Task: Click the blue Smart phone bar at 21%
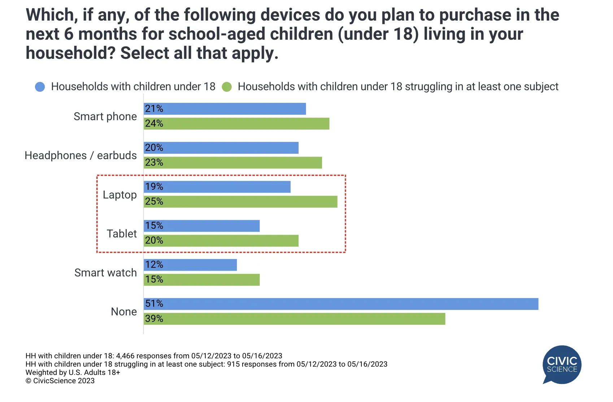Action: pyautogui.click(x=225, y=109)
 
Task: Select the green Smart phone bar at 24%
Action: pyautogui.click(x=236, y=124)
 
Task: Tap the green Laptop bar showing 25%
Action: pyautogui.click(x=240, y=202)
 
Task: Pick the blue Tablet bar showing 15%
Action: pyautogui.click(x=202, y=226)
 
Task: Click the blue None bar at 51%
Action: pyautogui.click(x=341, y=304)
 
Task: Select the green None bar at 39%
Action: pyautogui.click(x=295, y=319)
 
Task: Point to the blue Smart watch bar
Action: pyautogui.click(x=190, y=265)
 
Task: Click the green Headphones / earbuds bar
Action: pyautogui.click(x=232, y=163)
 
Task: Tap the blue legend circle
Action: pyautogui.click(x=40, y=87)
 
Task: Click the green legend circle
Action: pyautogui.click(x=227, y=87)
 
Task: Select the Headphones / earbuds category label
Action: pyautogui.click(x=81, y=155)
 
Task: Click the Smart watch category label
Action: pyautogui.click(x=106, y=273)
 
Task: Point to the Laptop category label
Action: pyautogui.click(x=119, y=195)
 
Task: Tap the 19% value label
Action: pyautogui.click(x=154, y=187)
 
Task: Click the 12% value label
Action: pyautogui.click(x=154, y=265)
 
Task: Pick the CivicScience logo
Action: pyautogui.click(x=562, y=365)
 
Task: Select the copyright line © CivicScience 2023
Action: pyautogui.click(x=60, y=381)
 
